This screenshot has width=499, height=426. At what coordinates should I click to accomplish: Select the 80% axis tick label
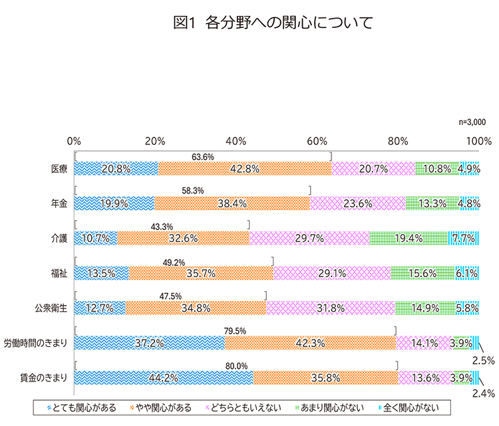tap(398, 141)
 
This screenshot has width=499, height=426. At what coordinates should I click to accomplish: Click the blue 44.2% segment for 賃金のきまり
tap(164, 377)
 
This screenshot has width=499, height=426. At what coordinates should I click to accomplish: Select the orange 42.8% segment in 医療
tap(245, 169)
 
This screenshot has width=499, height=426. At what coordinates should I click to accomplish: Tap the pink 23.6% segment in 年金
tap(357, 203)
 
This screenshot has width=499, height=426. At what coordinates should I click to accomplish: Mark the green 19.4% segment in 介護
tap(409, 238)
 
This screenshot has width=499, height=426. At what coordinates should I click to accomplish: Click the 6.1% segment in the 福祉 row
tap(466, 272)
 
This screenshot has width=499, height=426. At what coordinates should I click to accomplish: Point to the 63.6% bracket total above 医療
tap(202, 157)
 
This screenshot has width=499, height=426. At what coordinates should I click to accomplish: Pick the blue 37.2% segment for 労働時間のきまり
tap(150, 343)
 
